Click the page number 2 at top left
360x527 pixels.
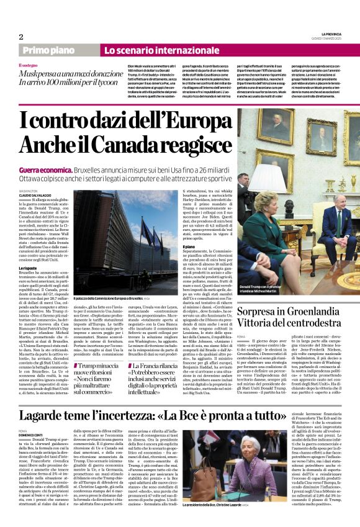21,37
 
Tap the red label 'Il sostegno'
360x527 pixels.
29,65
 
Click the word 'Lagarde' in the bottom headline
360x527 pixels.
63,398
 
